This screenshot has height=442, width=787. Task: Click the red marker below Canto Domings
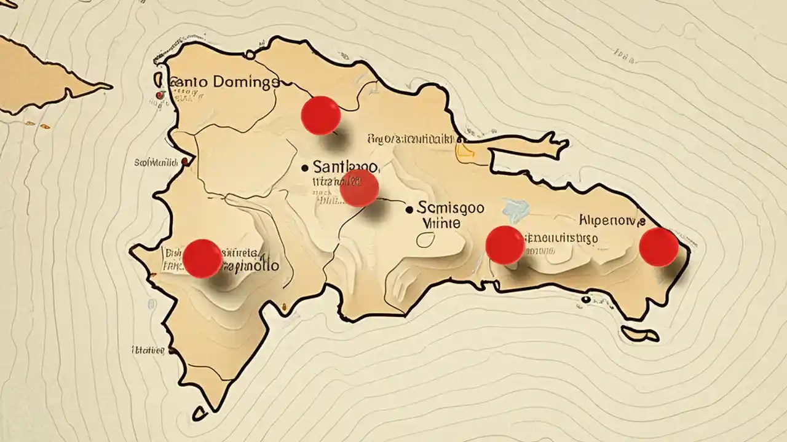tap(320, 115)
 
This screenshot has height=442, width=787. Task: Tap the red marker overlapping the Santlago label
tap(359, 188)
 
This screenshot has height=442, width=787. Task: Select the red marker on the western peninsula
tap(202, 258)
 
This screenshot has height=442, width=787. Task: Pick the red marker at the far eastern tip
tap(658, 247)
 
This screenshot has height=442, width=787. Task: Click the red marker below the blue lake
tap(505, 245)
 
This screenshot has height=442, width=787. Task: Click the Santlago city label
tap(346, 166)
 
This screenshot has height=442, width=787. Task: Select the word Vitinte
tap(441, 223)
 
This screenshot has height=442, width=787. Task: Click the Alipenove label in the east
tap(612, 220)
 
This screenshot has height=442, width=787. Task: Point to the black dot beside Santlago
tap(305, 167)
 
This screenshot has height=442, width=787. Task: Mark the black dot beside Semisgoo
tap(409, 209)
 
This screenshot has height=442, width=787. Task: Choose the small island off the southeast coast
tap(639, 335)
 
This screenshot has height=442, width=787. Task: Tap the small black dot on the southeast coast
tap(585, 300)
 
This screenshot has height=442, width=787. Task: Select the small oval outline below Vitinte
tap(425, 239)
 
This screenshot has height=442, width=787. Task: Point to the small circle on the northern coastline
tap(250, 55)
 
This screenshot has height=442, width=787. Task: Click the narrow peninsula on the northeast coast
tap(529, 147)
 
